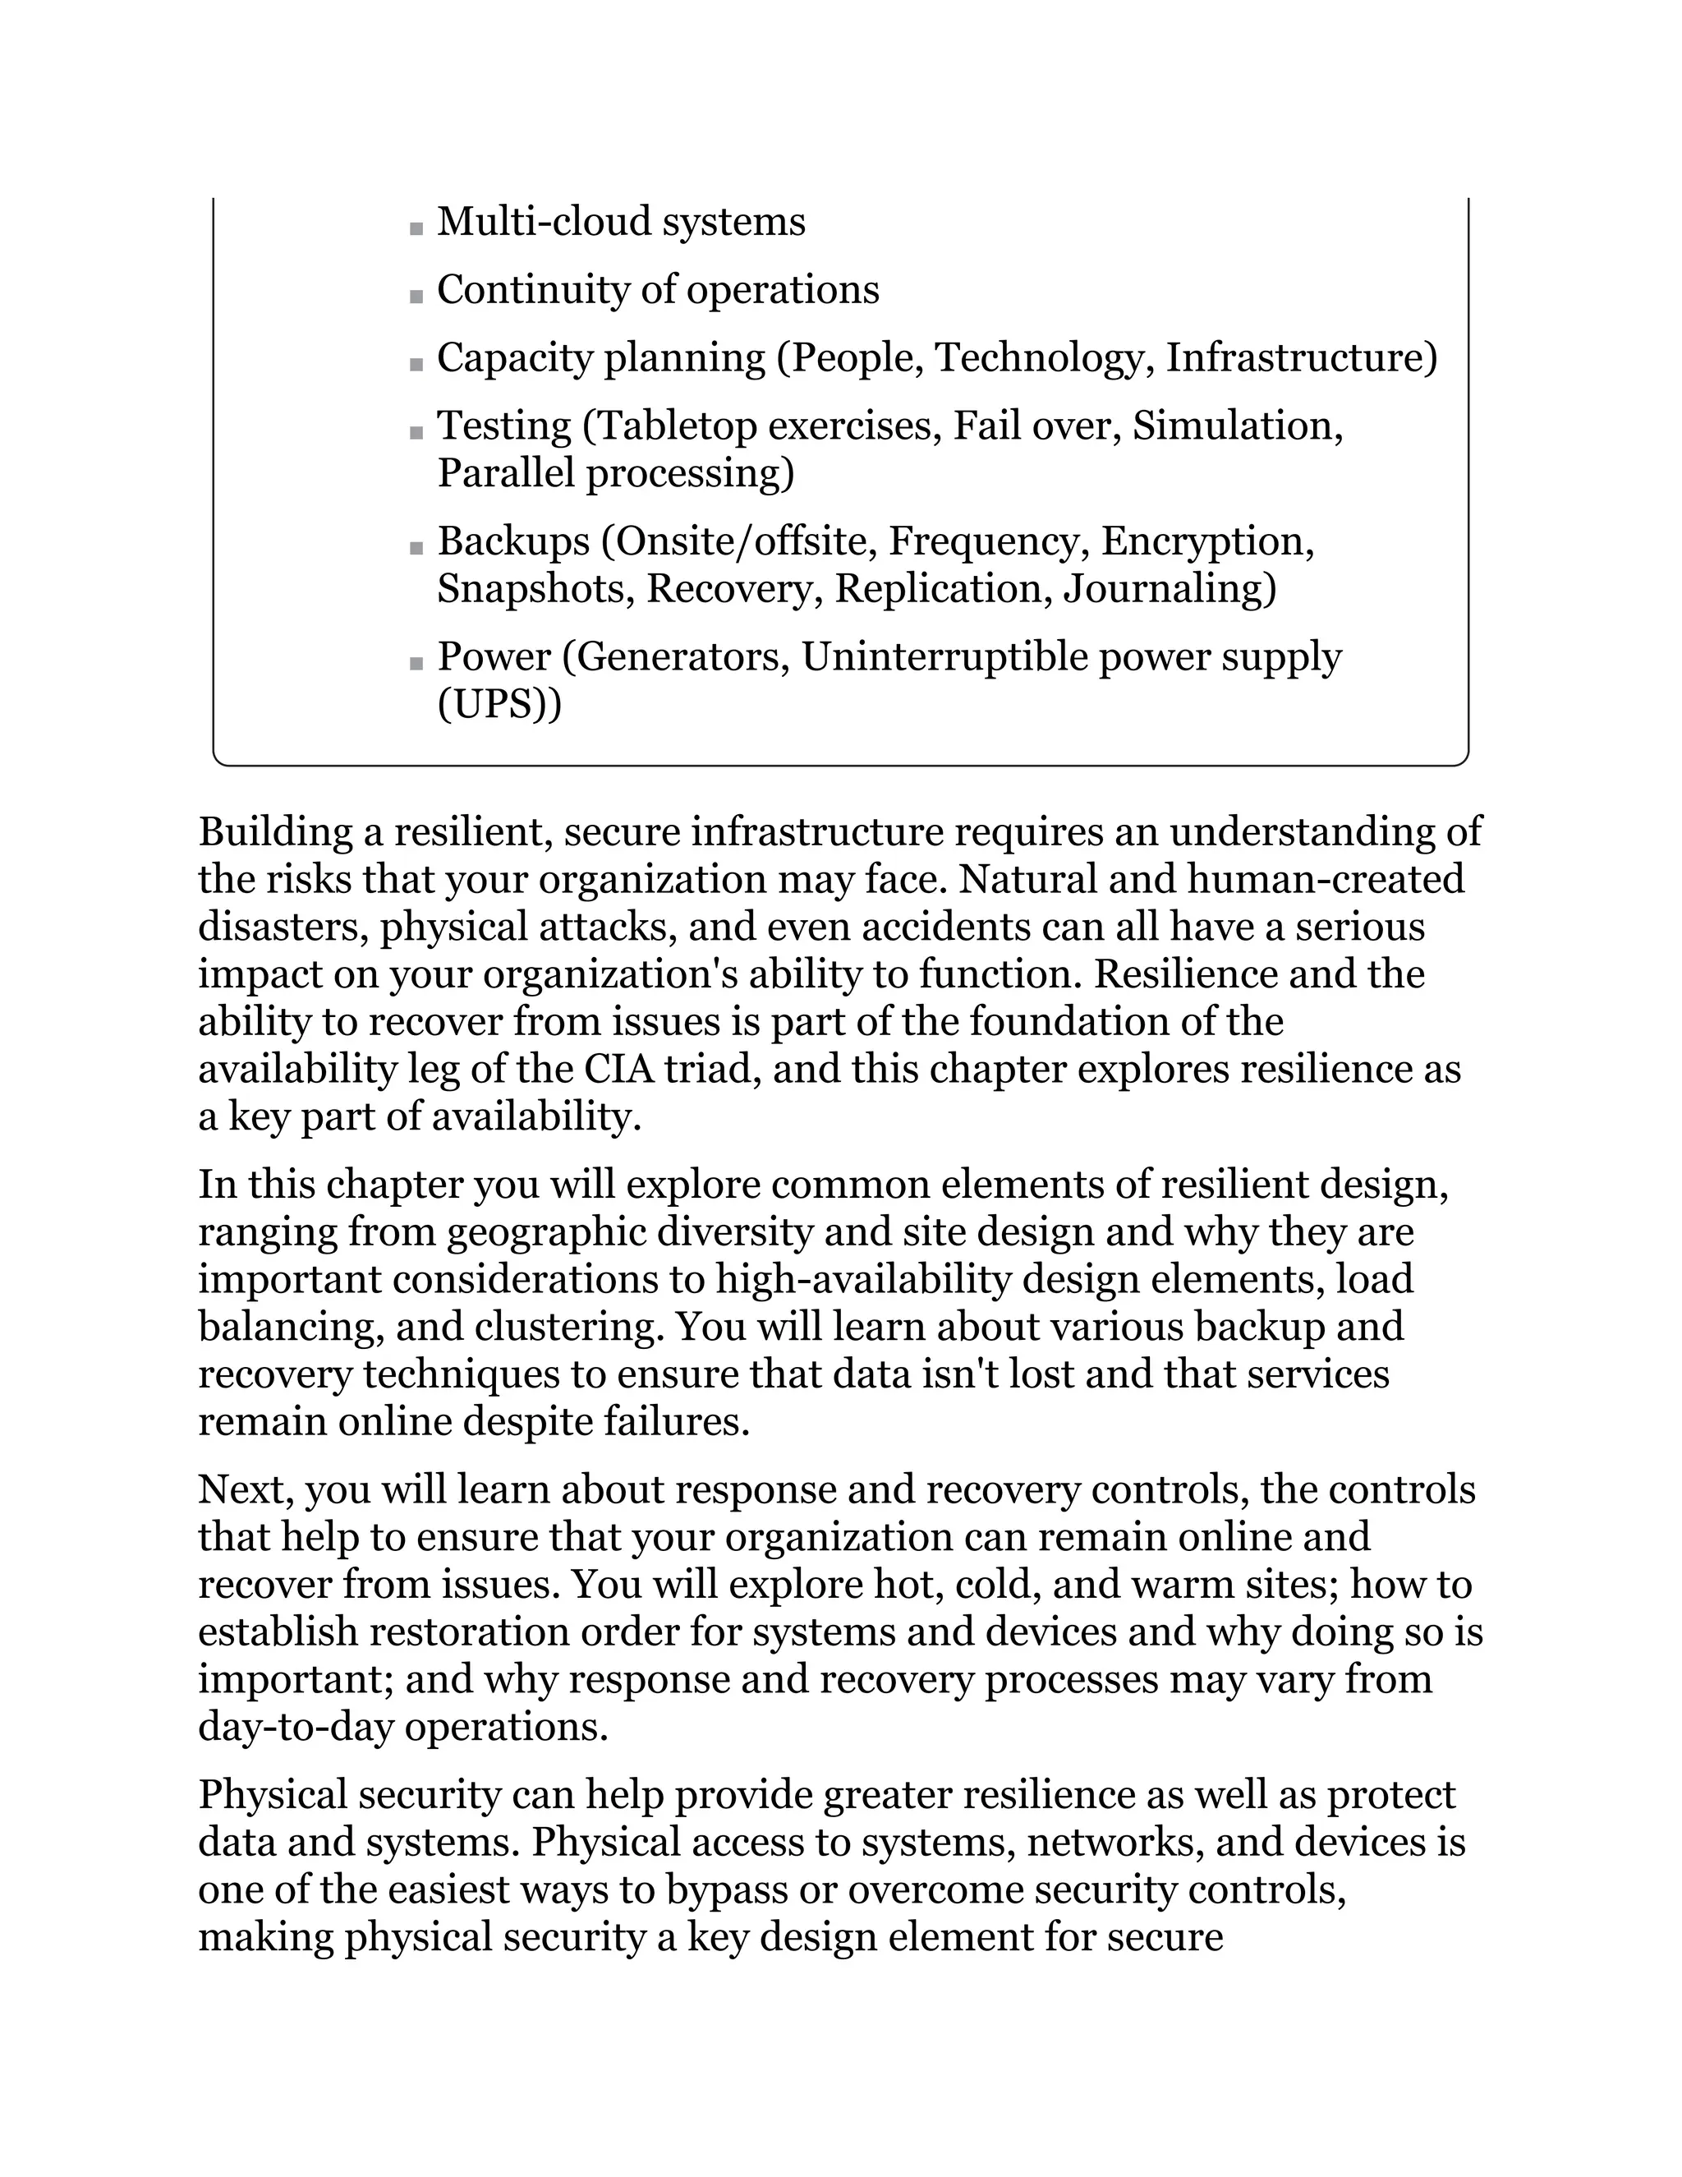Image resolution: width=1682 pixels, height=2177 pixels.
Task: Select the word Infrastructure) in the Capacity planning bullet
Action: pos(1303,358)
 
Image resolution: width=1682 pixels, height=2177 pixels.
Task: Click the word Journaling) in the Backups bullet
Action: pos(1170,588)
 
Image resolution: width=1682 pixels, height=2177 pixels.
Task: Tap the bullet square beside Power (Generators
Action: pos(416,664)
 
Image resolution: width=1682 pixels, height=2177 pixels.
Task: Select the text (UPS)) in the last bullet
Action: pos(499,704)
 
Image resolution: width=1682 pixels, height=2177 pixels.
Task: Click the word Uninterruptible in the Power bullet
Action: pos(944,657)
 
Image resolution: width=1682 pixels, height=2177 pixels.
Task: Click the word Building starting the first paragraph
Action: pos(276,831)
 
